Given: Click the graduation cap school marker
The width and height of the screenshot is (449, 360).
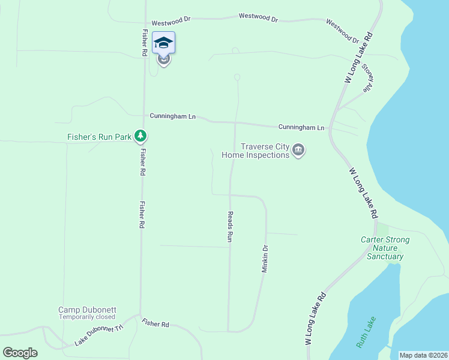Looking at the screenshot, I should point(163,43).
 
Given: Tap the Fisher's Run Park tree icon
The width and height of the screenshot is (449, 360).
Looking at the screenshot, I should point(140,137).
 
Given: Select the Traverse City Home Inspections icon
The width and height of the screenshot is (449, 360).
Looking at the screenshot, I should point(298,151).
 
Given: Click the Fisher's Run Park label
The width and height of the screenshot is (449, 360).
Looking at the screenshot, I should point(99,137).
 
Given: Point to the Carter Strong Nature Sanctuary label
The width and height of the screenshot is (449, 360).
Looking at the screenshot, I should point(385,248).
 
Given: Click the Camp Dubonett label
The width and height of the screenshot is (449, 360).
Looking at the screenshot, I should point(87,310).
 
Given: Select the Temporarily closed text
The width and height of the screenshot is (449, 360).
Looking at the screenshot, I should point(87,317).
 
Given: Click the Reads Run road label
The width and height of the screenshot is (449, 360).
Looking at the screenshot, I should point(229,226).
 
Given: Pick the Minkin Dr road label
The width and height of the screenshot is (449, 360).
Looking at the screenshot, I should point(264,259).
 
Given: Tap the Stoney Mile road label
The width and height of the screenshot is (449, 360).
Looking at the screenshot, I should point(367,77).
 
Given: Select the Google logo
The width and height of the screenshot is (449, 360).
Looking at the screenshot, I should point(20,353).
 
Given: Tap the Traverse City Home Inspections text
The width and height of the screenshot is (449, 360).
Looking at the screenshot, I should point(256,151).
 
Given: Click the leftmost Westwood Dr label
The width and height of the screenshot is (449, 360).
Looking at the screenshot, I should point(170,19).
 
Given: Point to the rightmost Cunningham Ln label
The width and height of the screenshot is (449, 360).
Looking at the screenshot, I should point(301,127).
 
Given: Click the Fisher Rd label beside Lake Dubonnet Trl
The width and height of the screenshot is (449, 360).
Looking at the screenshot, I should point(155,324).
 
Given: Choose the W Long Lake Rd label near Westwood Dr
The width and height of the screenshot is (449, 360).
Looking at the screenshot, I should point(359,58).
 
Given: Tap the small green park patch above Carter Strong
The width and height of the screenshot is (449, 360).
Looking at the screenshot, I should point(382,229).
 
